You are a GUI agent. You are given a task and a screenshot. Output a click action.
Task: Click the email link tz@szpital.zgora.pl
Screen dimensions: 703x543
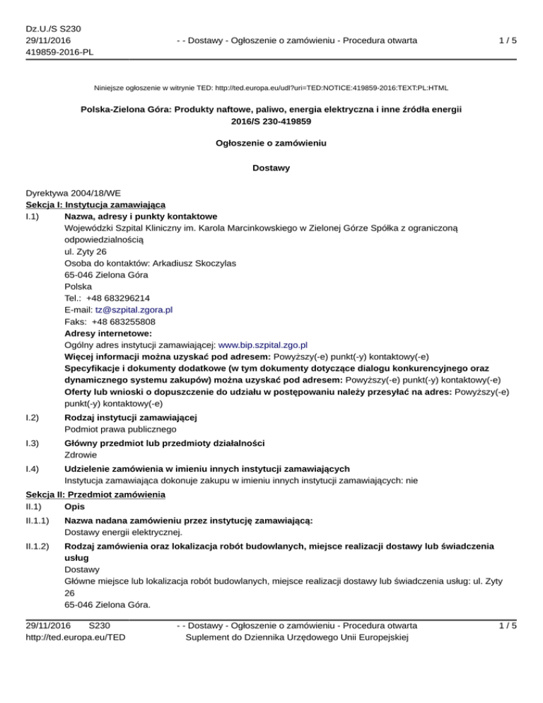(133, 310)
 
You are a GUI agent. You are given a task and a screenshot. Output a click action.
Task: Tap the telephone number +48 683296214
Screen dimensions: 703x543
(119, 298)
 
